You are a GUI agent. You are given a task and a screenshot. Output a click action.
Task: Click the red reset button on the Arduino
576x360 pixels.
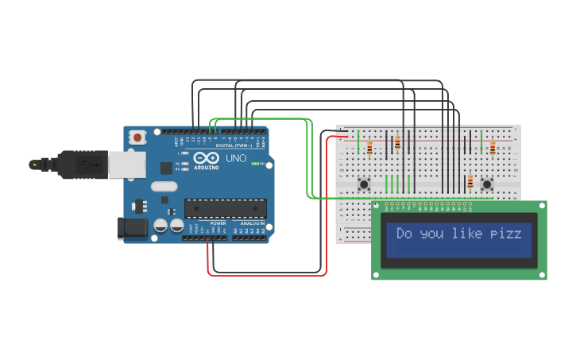(137, 137)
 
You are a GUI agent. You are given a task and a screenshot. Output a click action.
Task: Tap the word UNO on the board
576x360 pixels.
(236, 158)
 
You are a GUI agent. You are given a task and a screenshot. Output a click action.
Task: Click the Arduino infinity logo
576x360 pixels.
(206, 157)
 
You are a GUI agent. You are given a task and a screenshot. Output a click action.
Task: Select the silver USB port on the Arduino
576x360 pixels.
(126, 165)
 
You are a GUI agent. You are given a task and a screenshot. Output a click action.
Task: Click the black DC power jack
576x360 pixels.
(131, 228)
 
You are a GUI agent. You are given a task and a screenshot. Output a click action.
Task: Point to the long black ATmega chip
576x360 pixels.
(226, 208)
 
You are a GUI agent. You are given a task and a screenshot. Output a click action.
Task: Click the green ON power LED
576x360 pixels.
(257, 163)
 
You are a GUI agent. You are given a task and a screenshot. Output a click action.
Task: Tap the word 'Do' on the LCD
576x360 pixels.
(404, 234)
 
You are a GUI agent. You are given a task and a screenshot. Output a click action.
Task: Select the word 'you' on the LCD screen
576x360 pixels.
(433, 234)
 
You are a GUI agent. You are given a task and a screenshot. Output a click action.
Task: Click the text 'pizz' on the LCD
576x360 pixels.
(506, 234)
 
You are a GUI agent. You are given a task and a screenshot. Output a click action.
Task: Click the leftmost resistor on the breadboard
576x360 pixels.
(369, 148)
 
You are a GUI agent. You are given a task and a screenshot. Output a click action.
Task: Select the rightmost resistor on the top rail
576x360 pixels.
(493, 148)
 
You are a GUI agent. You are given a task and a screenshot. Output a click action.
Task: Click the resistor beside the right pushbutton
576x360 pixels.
(470, 182)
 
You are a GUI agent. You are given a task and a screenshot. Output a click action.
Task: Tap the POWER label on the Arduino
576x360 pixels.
(218, 223)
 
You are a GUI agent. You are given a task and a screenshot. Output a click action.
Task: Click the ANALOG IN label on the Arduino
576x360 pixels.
(253, 223)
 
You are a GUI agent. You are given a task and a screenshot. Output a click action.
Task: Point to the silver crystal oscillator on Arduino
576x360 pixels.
(164, 187)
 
